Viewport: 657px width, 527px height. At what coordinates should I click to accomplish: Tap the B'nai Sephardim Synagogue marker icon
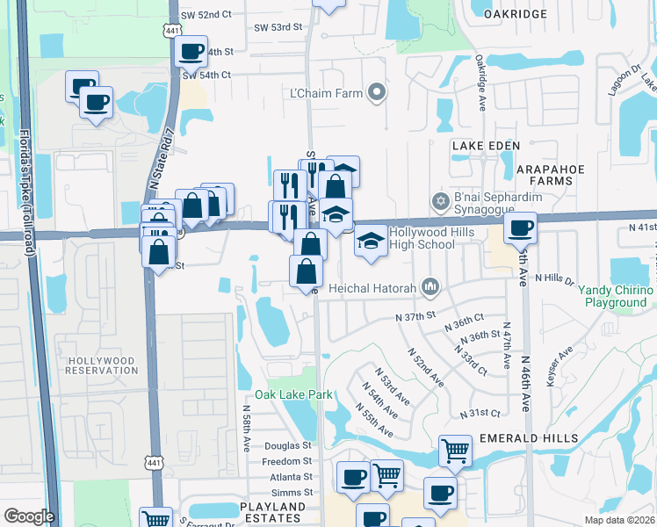[x=440, y=202]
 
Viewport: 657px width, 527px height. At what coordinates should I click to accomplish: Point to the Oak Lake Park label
[x=293, y=395]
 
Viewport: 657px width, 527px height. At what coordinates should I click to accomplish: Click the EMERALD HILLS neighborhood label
[x=528, y=437]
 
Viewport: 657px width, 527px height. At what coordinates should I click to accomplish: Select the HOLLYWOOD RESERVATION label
[x=102, y=365]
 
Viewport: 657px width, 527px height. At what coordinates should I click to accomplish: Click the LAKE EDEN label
[x=486, y=145]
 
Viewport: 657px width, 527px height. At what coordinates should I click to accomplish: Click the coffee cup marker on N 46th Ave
[x=520, y=227]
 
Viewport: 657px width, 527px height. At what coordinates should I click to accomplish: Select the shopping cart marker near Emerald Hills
[x=456, y=451]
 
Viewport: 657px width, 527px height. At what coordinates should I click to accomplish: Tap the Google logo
[x=29, y=516]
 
